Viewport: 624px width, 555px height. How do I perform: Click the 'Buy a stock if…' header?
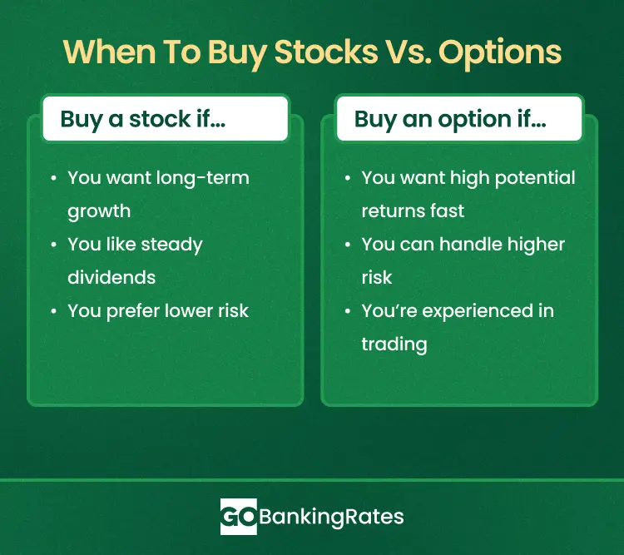(x=142, y=119)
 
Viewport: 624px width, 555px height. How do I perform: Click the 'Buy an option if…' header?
(x=450, y=119)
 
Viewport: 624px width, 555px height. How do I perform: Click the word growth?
(x=100, y=211)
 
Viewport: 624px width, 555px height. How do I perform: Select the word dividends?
(x=111, y=278)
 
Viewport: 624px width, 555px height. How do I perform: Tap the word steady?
(x=171, y=245)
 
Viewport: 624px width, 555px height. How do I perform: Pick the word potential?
(x=534, y=178)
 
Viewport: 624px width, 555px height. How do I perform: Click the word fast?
(x=448, y=211)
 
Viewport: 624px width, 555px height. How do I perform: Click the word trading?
(x=394, y=344)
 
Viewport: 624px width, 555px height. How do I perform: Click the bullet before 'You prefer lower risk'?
(x=52, y=311)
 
